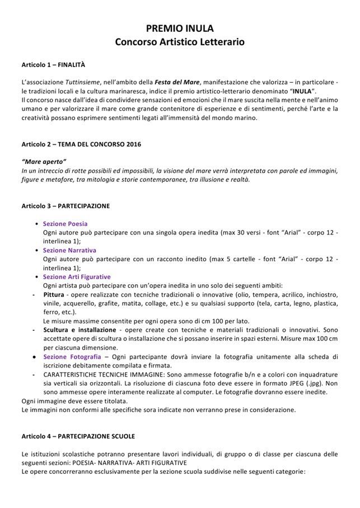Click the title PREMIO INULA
(x=180, y=29)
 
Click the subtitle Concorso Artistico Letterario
(x=180, y=41)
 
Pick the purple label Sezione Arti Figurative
(x=77, y=276)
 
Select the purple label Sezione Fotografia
(x=72, y=356)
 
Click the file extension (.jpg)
(x=312, y=383)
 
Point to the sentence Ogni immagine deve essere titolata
(x=74, y=401)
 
